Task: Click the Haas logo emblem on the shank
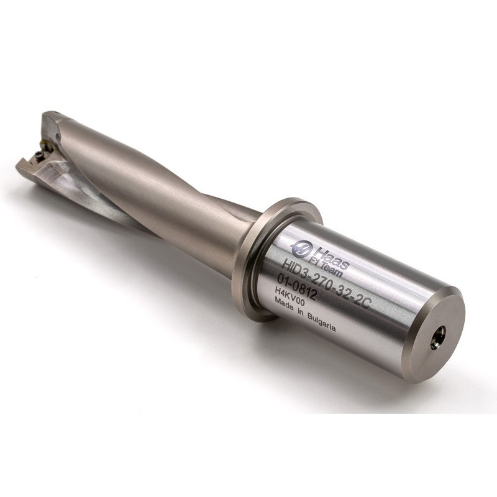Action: coord(299,247)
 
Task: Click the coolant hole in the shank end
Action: coord(439,335)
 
